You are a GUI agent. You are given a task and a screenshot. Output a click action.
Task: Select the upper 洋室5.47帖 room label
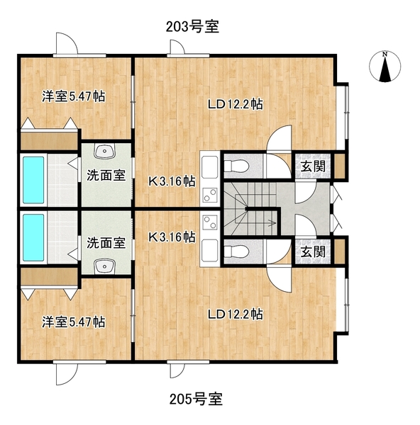[x=73, y=96]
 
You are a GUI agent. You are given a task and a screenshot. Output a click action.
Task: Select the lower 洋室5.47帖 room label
[x=73, y=322]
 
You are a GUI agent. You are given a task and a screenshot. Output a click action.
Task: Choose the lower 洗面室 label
[x=106, y=243]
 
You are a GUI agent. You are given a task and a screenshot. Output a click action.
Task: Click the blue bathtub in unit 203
[x=33, y=179]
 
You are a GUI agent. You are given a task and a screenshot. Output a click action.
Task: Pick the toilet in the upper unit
[x=236, y=166]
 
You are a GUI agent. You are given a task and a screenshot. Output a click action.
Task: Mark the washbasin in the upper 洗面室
[x=106, y=151]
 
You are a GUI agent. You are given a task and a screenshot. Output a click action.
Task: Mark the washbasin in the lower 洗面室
[x=106, y=266]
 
